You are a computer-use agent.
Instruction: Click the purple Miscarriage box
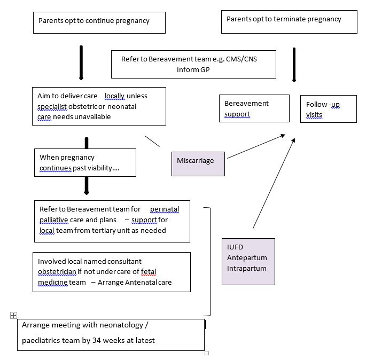coord(198,164)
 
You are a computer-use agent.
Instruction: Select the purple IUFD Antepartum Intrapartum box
coord(248,262)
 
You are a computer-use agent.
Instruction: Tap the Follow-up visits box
coord(329,109)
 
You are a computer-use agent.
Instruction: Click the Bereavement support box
coord(254,108)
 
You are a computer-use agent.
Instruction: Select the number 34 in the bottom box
coord(96,340)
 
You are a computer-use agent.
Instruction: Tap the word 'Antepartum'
coord(247,258)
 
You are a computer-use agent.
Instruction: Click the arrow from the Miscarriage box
coord(256,146)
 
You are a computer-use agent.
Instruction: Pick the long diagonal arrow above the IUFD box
coord(274,183)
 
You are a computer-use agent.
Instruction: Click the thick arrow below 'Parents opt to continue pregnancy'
coord(81,62)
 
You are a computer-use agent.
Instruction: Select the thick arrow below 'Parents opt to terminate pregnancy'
coord(294,65)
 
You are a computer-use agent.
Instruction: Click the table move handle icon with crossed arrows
coord(13,316)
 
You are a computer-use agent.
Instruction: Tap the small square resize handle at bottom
coord(207,353)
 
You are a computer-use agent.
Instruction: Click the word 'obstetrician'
coord(57,271)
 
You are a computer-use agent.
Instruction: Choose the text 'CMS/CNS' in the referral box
coord(241,59)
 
